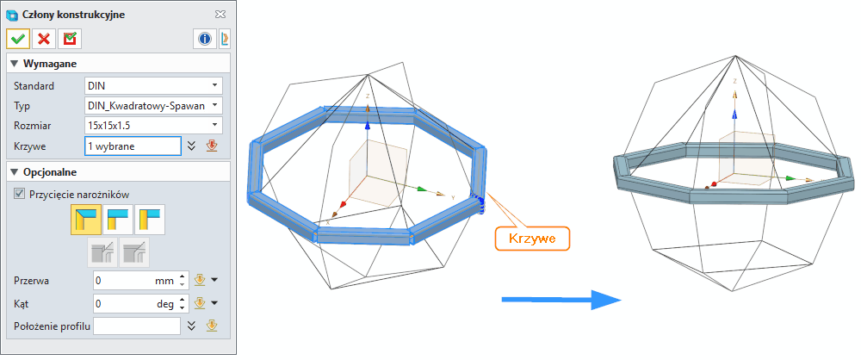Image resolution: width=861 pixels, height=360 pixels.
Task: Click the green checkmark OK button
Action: click(x=18, y=39)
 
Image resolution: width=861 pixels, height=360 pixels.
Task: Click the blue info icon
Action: click(x=205, y=39)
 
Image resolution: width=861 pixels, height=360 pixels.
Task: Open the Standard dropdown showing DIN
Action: click(x=154, y=86)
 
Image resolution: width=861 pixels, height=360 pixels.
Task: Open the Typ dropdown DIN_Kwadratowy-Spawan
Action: click(x=154, y=106)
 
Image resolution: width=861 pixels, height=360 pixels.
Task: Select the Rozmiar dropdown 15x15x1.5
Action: click(x=154, y=126)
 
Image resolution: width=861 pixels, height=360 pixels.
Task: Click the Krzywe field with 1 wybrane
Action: click(x=133, y=146)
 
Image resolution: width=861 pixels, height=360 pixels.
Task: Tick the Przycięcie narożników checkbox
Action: click(x=20, y=194)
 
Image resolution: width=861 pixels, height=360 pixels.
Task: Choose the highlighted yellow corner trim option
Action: click(x=85, y=220)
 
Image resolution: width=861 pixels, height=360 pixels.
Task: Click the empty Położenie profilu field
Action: click(x=137, y=326)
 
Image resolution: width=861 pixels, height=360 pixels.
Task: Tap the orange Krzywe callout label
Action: click(x=533, y=239)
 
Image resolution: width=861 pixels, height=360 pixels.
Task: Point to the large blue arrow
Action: click(x=561, y=300)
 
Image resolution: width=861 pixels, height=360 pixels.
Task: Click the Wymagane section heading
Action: click(x=49, y=64)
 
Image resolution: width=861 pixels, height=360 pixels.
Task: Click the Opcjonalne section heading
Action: click(x=49, y=172)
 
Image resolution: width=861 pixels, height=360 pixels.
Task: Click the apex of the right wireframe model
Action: click(x=736, y=56)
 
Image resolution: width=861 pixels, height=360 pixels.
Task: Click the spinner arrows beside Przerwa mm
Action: click(x=182, y=280)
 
